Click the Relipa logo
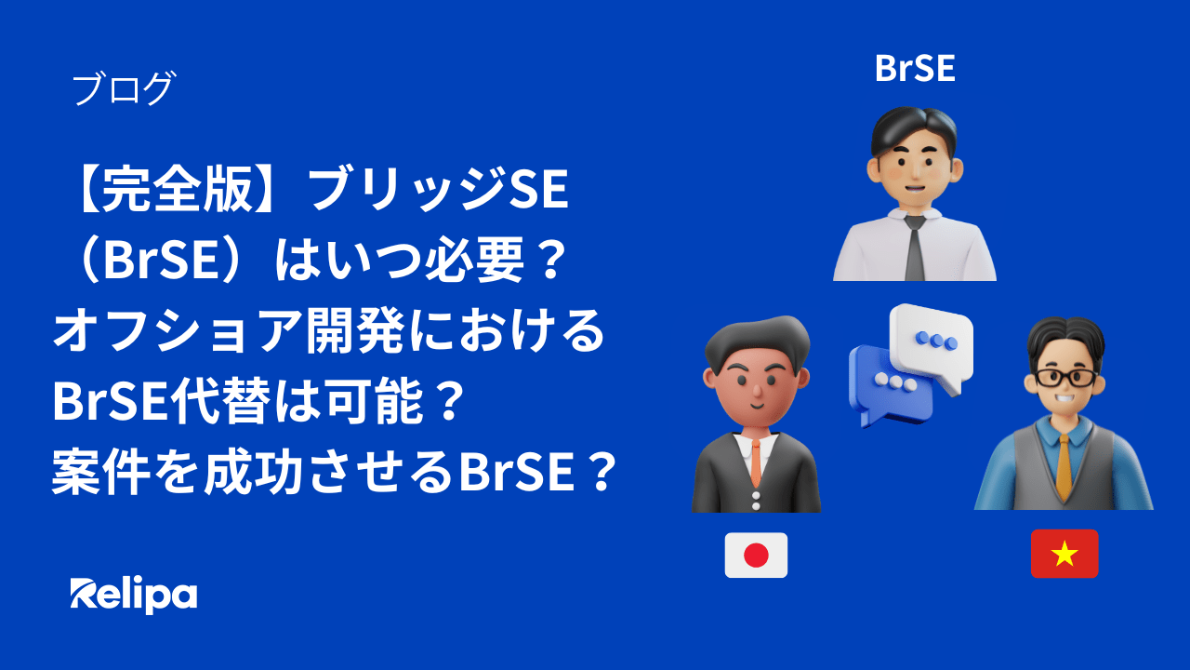(x=134, y=594)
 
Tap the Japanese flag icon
(x=756, y=556)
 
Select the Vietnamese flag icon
(x=1064, y=555)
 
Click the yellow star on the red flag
(x=1064, y=556)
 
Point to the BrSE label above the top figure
(x=915, y=68)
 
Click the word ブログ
(x=123, y=89)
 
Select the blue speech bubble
(x=887, y=383)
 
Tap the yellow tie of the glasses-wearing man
(x=1065, y=465)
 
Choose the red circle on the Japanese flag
(x=756, y=556)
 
